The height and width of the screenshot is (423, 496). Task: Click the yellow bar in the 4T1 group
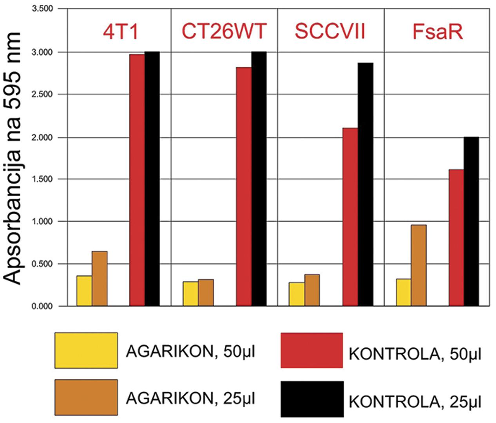(x=84, y=291)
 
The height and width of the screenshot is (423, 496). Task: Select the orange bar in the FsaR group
(x=418, y=265)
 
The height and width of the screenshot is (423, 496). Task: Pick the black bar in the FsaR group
(x=471, y=221)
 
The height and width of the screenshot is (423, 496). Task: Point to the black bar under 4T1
(x=152, y=179)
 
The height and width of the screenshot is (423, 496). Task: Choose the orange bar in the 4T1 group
(x=100, y=278)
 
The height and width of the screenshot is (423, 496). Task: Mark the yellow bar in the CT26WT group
(x=190, y=293)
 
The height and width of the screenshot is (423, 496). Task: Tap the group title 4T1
(x=121, y=31)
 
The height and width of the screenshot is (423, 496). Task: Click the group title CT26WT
(x=224, y=31)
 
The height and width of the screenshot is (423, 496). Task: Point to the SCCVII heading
(x=330, y=31)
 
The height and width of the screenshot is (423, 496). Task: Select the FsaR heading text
(x=438, y=31)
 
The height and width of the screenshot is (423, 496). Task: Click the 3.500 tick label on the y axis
(x=42, y=9)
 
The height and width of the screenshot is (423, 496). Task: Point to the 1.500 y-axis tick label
(x=42, y=179)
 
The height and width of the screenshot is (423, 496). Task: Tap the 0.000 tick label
(x=42, y=306)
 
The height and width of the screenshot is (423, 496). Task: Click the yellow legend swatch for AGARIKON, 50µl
(x=86, y=351)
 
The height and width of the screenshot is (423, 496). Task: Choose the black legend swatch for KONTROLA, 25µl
(x=312, y=399)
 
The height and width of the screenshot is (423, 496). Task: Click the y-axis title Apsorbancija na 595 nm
(x=13, y=159)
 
